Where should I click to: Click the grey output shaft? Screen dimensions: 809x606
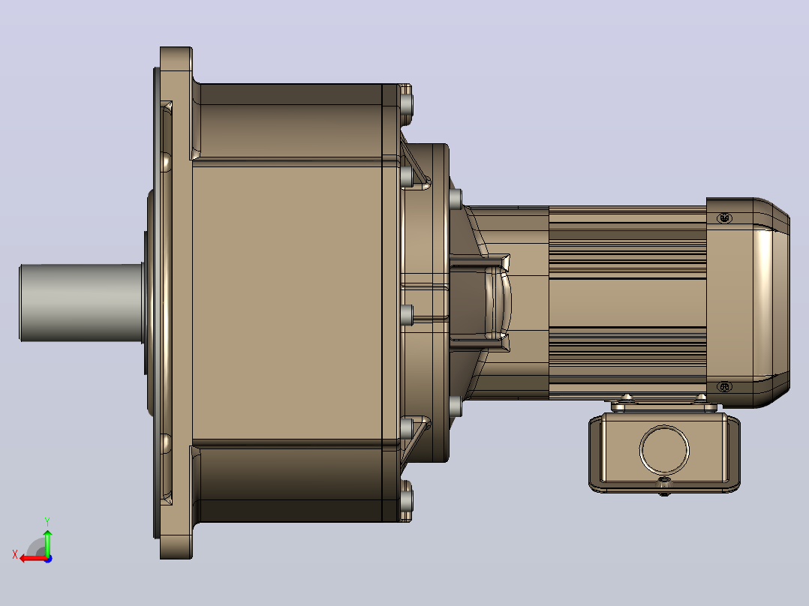point(82,302)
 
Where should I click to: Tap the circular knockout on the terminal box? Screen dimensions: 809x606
point(664,449)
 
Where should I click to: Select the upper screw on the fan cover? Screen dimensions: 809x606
point(724,218)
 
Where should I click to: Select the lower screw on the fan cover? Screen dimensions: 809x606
point(724,387)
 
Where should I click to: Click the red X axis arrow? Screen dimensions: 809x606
point(34,559)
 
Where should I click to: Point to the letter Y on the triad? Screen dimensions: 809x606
point(47,521)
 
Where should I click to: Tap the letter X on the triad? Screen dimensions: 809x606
point(15,554)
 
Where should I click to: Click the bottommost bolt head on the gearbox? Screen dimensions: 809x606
point(406,500)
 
